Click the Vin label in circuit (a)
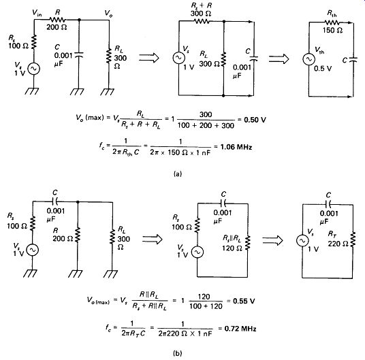pos(37,13)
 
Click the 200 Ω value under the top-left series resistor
pos(57,27)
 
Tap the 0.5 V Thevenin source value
pos(323,68)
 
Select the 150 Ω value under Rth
pos(332,30)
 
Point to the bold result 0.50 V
pos(255,120)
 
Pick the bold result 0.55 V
pos(244,301)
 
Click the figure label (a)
pos(178,174)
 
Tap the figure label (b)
pos(178,353)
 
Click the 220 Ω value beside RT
pos(338,244)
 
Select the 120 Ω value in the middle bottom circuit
pos(232,248)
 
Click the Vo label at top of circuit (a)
pos(108,13)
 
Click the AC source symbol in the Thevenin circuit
pos(308,59)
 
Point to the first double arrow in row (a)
pos(149,57)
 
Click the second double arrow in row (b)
pos(272,240)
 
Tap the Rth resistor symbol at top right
pos(332,22)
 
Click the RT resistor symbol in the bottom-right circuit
pos(353,239)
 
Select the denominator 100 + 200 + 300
pos(206,126)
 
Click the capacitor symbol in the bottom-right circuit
pos(328,204)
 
